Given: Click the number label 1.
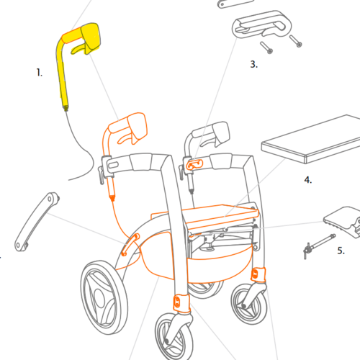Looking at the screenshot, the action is (39, 73).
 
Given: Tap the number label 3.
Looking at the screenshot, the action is (254, 64).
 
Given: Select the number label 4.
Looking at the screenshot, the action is (308, 180).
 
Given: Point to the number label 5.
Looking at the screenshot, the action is (341, 251).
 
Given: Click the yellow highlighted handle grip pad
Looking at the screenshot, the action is (91, 38).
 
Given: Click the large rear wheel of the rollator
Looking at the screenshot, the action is (104, 297).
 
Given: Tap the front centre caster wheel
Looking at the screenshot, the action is (174, 336).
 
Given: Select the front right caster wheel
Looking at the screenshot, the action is (249, 304).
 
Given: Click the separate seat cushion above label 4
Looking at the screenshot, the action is (310, 140).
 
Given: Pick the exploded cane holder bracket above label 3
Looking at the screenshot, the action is (261, 24).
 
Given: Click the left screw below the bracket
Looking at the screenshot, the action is (266, 48).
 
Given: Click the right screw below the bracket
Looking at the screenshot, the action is (296, 41).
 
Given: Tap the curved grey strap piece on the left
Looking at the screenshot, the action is (37, 221).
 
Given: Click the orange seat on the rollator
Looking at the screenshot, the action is (221, 218).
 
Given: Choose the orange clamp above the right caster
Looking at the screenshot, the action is (258, 274).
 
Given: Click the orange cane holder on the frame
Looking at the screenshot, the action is (194, 165).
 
